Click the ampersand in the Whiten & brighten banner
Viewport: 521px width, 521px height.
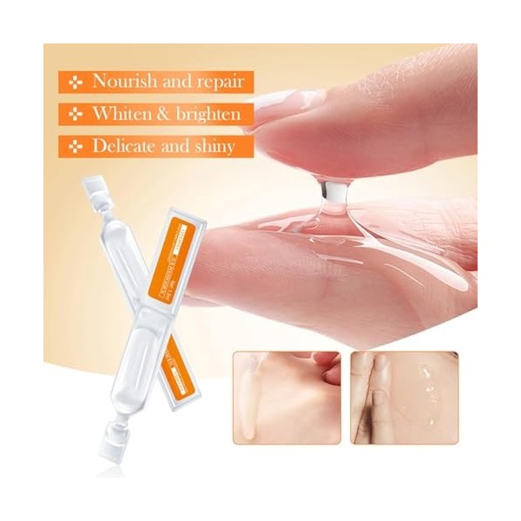[163, 114]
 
